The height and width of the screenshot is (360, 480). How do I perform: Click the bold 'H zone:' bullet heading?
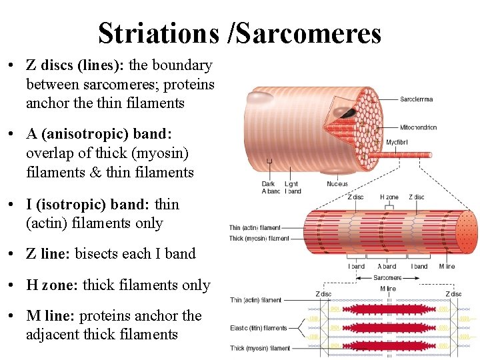[53, 285]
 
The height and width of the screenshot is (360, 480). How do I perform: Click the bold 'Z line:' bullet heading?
[49, 253]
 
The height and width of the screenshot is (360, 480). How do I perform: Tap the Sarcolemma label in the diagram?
[416, 99]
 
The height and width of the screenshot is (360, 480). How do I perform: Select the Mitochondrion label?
[418, 127]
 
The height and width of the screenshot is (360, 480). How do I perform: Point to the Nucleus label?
[337, 184]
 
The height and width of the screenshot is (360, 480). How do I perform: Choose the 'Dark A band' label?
[269, 187]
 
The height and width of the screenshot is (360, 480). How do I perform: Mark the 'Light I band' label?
[293, 187]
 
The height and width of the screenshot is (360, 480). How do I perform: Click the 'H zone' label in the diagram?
[389, 197]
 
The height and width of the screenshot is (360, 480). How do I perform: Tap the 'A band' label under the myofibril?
[387, 266]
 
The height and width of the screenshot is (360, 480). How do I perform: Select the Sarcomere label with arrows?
[387, 277]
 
